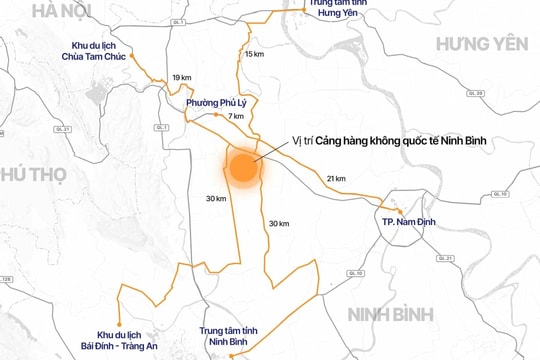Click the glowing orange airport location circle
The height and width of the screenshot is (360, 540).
[x=243, y=167]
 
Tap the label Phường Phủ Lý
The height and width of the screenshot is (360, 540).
[x=216, y=102]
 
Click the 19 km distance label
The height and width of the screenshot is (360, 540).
[x=181, y=77]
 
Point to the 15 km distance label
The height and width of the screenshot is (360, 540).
[x=255, y=53]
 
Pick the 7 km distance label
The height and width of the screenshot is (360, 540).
[x=236, y=117]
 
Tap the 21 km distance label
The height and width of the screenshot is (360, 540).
[x=335, y=178]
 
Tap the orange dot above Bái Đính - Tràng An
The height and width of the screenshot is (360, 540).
[x=119, y=322]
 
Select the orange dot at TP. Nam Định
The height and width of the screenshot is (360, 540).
[x=400, y=209]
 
